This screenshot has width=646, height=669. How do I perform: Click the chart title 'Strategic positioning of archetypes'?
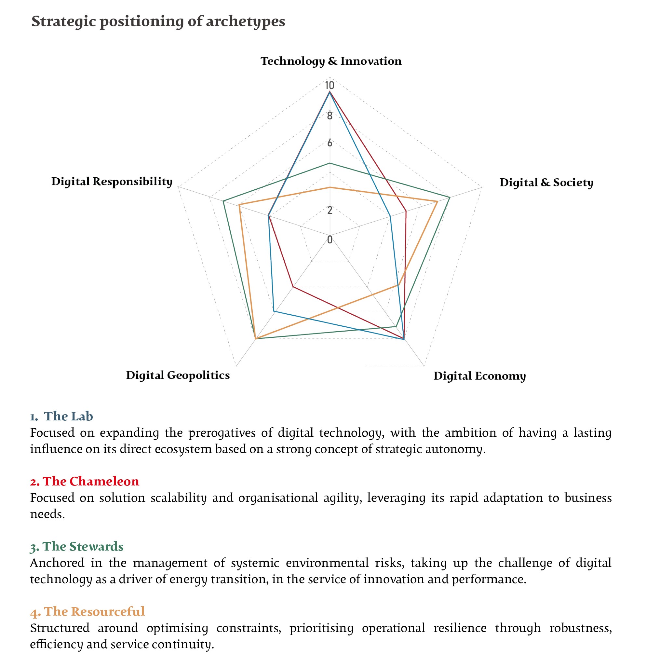(158, 21)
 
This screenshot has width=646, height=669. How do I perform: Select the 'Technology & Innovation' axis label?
(331, 61)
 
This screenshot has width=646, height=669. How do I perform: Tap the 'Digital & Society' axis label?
(546, 182)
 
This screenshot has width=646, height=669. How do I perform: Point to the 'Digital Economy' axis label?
(479, 376)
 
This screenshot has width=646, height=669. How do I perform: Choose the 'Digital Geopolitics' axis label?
(178, 375)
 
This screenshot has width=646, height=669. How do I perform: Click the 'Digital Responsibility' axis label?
(112, 181)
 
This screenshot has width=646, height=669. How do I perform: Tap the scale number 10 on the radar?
(329, 85)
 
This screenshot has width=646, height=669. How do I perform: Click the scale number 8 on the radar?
(329, 116)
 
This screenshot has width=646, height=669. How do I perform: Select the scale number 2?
(329, 210)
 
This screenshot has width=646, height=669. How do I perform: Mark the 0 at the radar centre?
(329, 239)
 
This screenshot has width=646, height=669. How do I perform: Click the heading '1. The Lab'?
(62, 416)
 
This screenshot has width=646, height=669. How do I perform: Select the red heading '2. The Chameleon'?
(85, 481)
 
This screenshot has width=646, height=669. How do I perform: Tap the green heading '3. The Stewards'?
(77, 546)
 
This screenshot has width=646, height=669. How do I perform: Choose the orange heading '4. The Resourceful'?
(87, 611)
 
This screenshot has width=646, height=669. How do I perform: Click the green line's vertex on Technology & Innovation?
(329, 163)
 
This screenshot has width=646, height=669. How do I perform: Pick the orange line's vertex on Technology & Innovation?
(329, 187)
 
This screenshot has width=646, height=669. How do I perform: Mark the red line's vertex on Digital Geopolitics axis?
(293, 287)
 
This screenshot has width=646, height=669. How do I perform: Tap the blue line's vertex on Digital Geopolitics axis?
(274, 311)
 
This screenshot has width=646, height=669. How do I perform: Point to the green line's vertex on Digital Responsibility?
(223, 201)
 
